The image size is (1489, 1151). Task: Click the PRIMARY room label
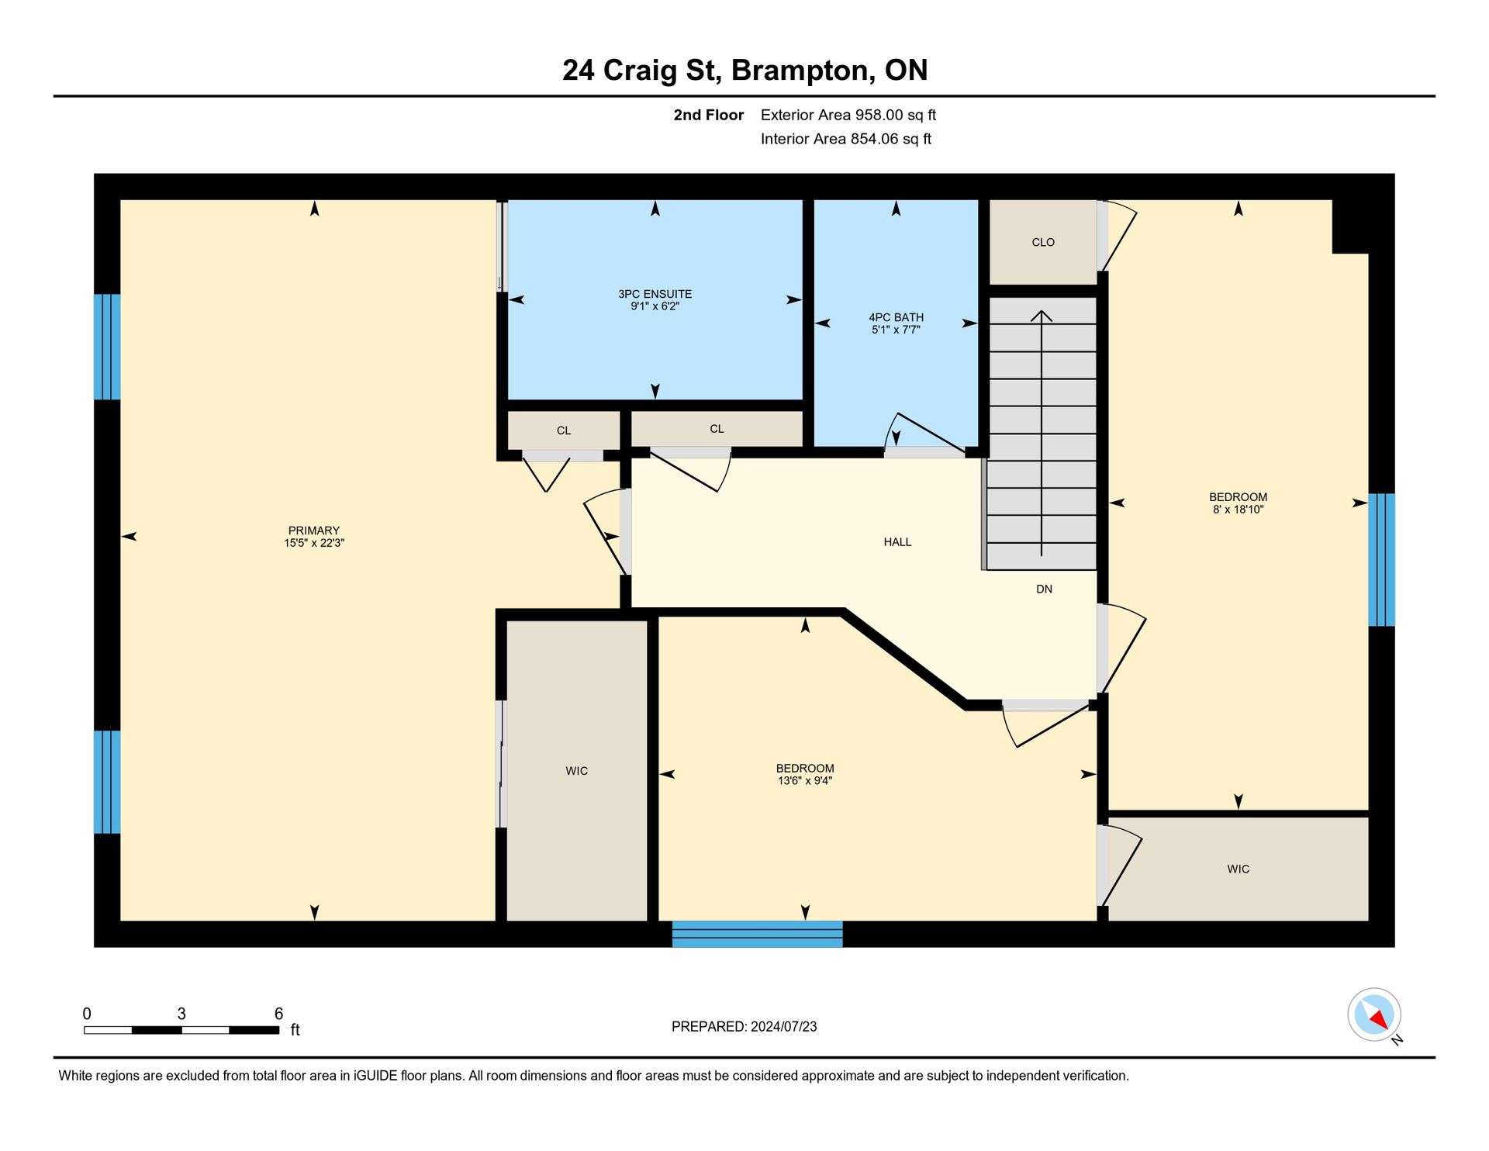point(314,531)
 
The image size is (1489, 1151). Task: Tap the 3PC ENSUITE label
point(655,294)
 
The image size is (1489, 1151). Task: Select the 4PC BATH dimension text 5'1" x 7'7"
point(896,330)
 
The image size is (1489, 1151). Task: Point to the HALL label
point(897,542)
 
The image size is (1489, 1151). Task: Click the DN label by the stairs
point(1044,589)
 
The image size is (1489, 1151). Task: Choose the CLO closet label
point(1043,243)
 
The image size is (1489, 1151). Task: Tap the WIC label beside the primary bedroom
point(576,771)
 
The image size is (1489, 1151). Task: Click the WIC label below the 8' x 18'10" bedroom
point(1238,869)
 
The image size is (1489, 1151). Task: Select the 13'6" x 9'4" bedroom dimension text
point(805,781)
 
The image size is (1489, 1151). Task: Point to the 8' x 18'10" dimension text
point(1238,510)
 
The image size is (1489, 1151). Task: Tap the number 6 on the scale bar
point(278,1014)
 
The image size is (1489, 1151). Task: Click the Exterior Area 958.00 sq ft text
point(848,115)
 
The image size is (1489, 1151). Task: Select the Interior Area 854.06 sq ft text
point(845,139)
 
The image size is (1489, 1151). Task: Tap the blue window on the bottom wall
point(757,934)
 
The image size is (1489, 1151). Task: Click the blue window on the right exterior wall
point(1381,559)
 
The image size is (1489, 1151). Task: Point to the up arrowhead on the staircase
point(1041,316)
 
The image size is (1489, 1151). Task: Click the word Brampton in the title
point(803,71)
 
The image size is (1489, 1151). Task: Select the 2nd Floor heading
point(708,115)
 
